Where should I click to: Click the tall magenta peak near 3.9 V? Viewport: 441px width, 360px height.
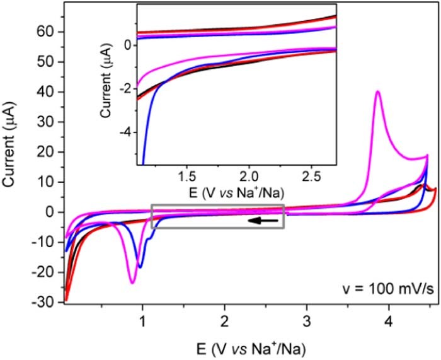[377, 93]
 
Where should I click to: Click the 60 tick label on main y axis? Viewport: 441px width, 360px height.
[50, 32]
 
